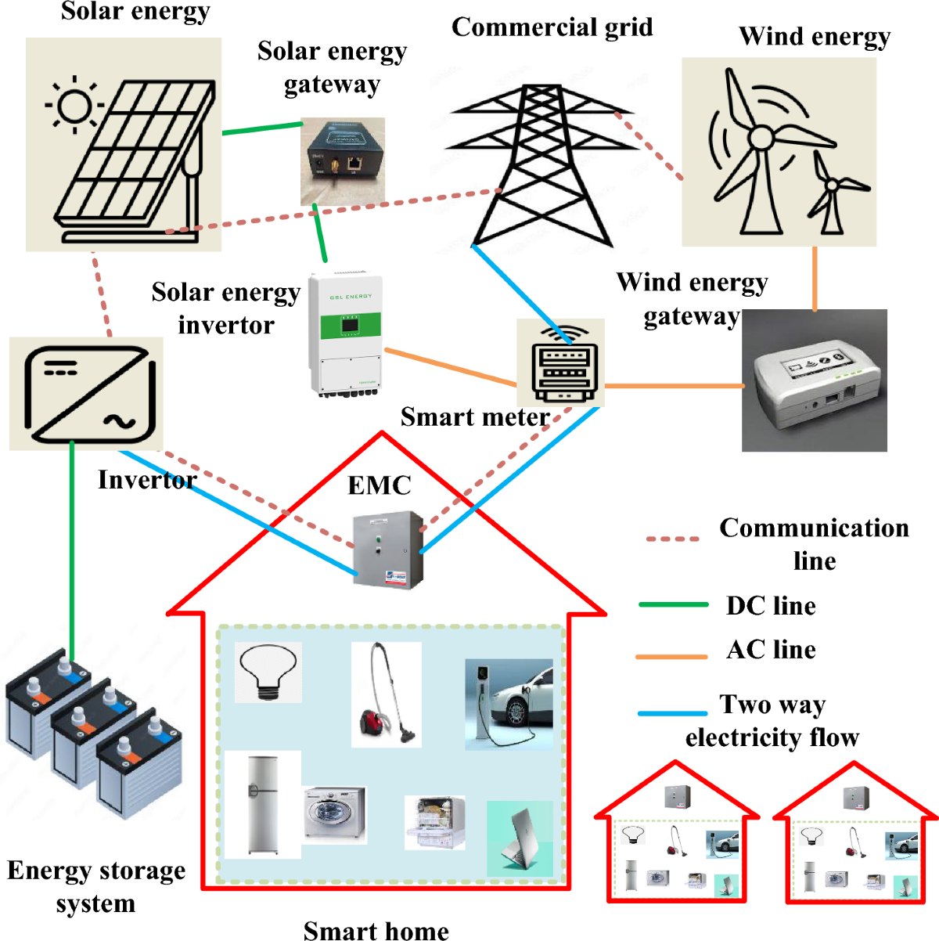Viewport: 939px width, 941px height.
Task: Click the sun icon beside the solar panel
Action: click(75, 106)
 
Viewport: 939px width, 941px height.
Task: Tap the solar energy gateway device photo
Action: click(343, 161)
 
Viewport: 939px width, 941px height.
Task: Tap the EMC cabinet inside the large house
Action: click(387, 550)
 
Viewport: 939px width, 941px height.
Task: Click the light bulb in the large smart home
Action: click(268, 672)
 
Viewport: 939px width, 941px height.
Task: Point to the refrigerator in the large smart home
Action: click(262, 805)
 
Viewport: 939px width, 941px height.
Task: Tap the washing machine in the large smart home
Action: click(335, 814)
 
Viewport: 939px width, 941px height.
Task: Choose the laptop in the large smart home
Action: click(520, 838)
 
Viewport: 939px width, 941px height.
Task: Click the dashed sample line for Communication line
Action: click(672, 539)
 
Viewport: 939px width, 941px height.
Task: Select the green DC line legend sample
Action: click(673, 605)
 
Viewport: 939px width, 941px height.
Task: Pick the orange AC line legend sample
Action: click(671, 656)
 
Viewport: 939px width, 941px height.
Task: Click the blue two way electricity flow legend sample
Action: click(672, 713)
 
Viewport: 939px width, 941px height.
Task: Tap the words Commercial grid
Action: click(552, 27)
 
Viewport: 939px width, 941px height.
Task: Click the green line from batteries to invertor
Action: click(72, 548)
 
